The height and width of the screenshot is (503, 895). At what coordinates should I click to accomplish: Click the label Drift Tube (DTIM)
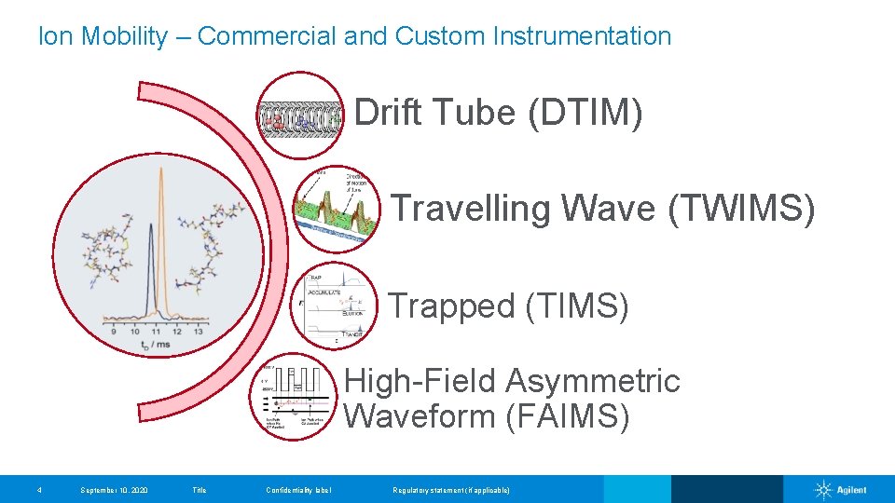tap(498, 114)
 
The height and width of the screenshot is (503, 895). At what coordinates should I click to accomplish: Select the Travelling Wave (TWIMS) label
tap(602, 209)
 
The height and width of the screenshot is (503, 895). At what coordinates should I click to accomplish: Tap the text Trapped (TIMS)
tap(508, 306)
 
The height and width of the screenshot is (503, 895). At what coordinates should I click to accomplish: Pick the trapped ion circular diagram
tap(334, 307)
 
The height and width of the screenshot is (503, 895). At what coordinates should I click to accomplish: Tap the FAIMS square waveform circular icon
tap(291, 399)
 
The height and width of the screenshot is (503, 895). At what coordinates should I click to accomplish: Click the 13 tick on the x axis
tap(198, 330)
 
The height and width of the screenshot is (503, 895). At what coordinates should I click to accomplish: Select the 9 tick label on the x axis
tap(114, 330)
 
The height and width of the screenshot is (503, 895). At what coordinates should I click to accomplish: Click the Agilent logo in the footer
tap(840, 490)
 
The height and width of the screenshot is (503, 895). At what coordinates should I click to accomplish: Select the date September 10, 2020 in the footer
tap(114, 490)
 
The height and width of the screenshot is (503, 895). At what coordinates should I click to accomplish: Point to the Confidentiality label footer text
tap(298, 490)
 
